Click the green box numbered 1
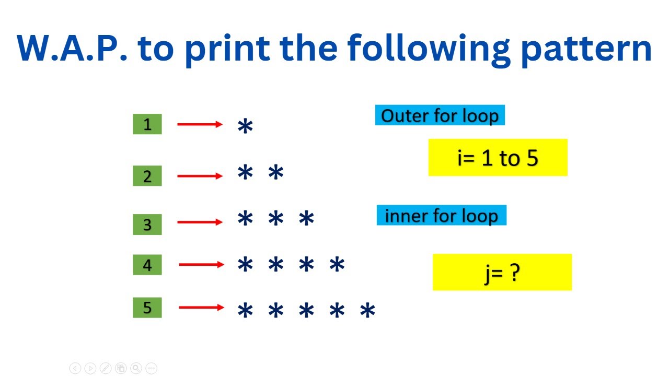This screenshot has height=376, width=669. (147, 124)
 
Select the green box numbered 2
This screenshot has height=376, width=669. (147, 176)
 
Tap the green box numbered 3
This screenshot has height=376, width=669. (147, 225)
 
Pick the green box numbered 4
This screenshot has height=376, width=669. (147, 265)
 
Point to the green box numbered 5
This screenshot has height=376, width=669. (147, 308)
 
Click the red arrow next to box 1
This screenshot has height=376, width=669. (200, 124)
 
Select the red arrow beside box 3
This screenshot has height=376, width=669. (200, 222)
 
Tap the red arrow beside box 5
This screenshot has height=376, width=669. (201, 308)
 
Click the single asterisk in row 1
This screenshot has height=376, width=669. (245, 127)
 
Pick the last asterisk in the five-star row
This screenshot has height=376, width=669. (368, 312)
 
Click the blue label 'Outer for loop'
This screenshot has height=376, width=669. (440, 115)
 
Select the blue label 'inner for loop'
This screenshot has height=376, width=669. (441, 215)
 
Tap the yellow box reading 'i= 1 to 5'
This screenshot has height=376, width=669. (498, 157)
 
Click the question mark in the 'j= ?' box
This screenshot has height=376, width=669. (515, 272)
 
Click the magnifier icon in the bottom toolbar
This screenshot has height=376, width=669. (136, 368)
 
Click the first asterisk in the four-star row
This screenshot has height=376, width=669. (245, 266)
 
